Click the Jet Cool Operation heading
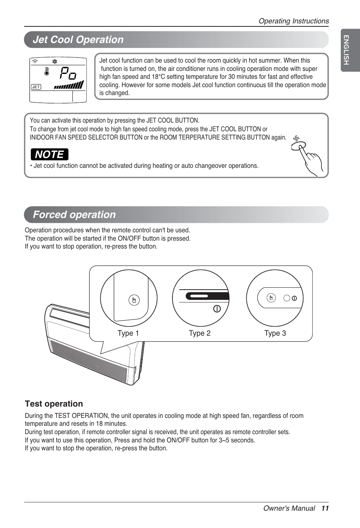78,40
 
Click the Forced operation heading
74,215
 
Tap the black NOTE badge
49,155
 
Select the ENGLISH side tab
346,50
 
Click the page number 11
325,508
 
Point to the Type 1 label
128,333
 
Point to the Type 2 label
200,333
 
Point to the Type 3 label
275,333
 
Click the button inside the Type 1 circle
134,300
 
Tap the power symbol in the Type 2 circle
217,309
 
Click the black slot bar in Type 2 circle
207,296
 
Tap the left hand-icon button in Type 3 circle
271,298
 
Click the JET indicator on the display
36,87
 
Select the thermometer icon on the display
47,71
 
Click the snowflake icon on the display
55,61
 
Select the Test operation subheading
54,404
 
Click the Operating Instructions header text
294,21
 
